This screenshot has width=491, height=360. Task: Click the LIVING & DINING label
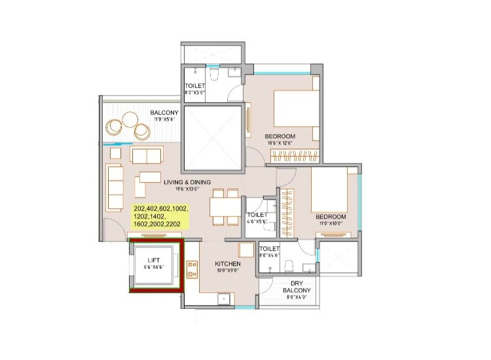pos(187,184)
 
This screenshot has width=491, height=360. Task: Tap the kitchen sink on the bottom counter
pos(223,300)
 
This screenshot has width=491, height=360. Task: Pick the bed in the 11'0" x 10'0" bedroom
pos(333,190)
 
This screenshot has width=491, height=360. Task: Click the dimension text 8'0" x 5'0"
pos(195,93)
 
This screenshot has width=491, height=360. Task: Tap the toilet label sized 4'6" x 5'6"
pos(257,215)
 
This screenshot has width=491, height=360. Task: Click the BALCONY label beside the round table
pos(164,113)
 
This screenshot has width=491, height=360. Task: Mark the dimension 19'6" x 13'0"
pos(187,190)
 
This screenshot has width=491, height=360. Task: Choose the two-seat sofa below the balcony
pos(146,155)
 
